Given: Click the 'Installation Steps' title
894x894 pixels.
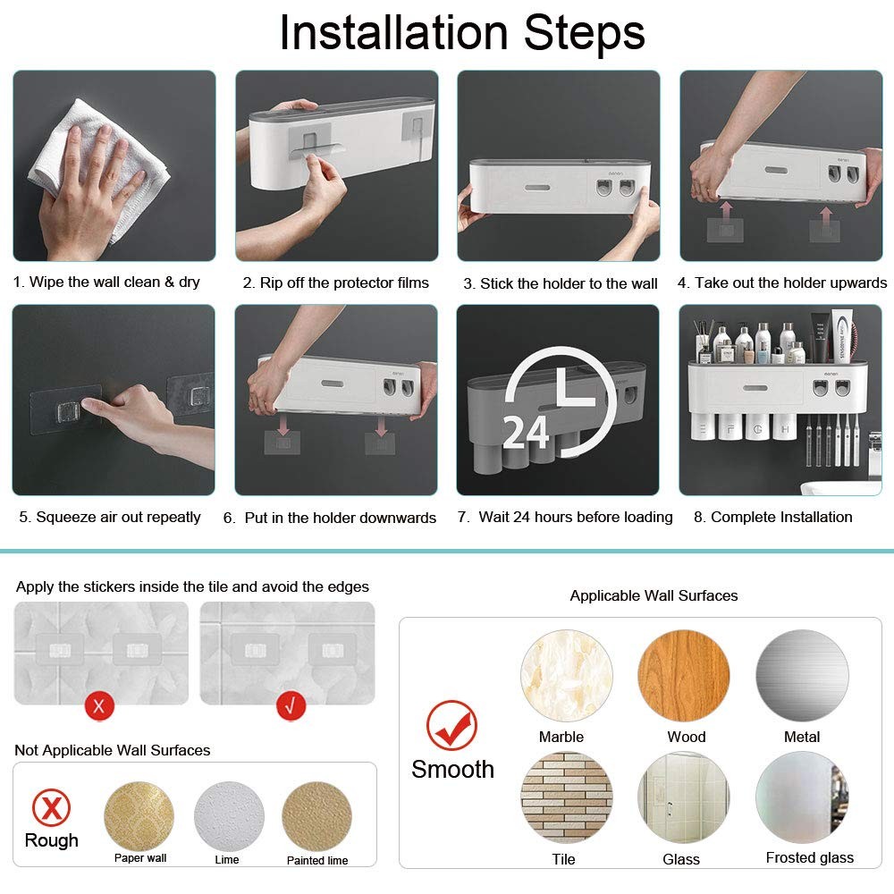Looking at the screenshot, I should point(462,33).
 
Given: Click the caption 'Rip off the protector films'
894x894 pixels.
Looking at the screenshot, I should point(336,283).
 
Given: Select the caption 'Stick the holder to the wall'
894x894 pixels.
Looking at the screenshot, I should point(561,283).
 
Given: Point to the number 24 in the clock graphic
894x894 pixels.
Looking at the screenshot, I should point(526,431).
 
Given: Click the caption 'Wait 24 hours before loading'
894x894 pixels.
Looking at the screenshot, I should point(564,517).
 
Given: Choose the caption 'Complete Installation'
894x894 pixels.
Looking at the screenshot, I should point(772,517).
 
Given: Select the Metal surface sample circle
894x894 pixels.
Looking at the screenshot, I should point(802,676).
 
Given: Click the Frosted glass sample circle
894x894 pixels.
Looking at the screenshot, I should point(802,797).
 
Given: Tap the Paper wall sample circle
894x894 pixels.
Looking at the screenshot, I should point(139,816).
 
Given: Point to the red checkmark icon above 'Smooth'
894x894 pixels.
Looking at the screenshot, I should point(451,725).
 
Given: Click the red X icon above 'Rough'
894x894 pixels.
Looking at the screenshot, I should point(51,807).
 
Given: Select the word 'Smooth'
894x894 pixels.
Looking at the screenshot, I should point(452,769).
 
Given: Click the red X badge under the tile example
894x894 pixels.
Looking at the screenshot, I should point(99,705).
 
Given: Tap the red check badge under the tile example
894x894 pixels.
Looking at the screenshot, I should point(289,705).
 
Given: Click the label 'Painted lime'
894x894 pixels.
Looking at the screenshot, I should point(317,860).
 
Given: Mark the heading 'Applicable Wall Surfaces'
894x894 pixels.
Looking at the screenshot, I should point(654,595).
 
